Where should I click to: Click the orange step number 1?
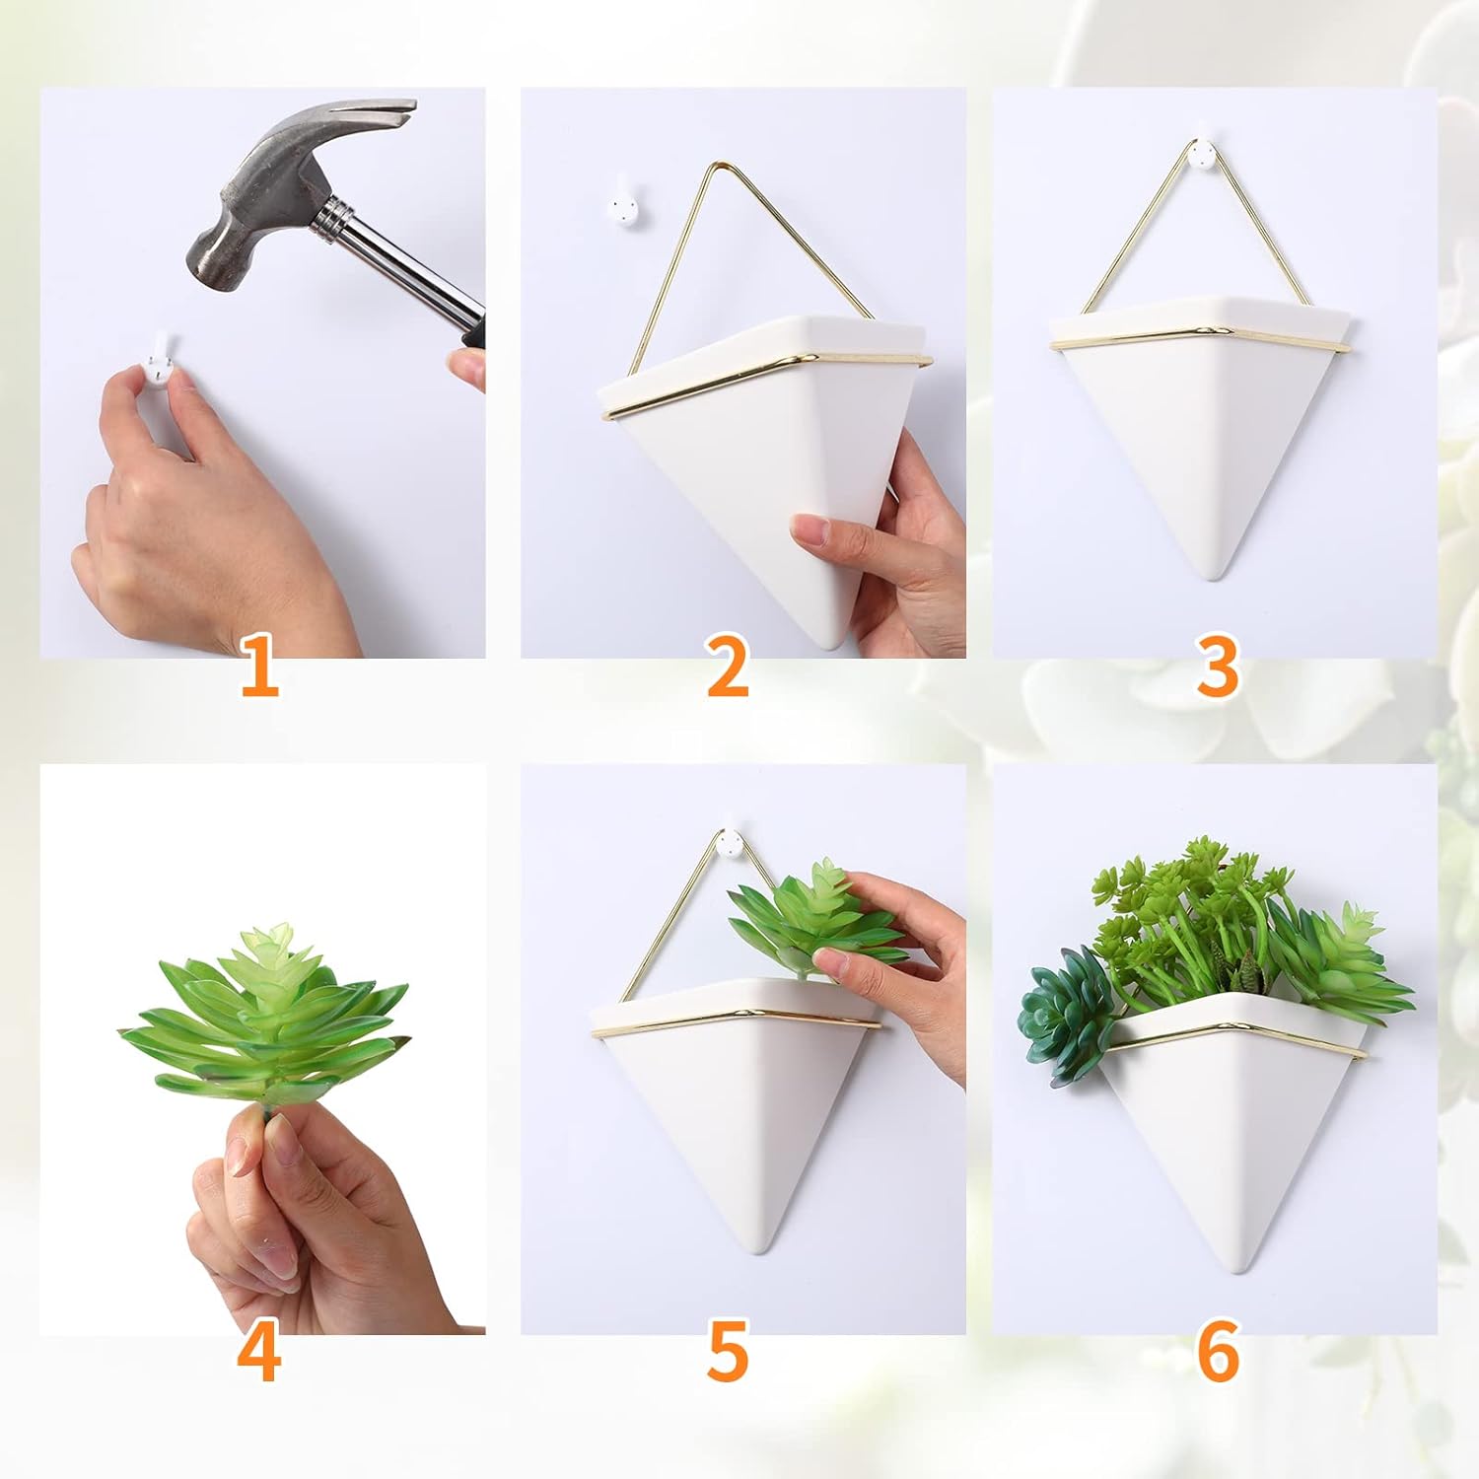[x=259, y=667]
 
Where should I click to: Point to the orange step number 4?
[x=258, y=1352]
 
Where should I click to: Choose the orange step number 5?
[x=728, y=1352]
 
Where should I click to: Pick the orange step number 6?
[x=1217, y=1352]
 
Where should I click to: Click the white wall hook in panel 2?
[x=622, y=202]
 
